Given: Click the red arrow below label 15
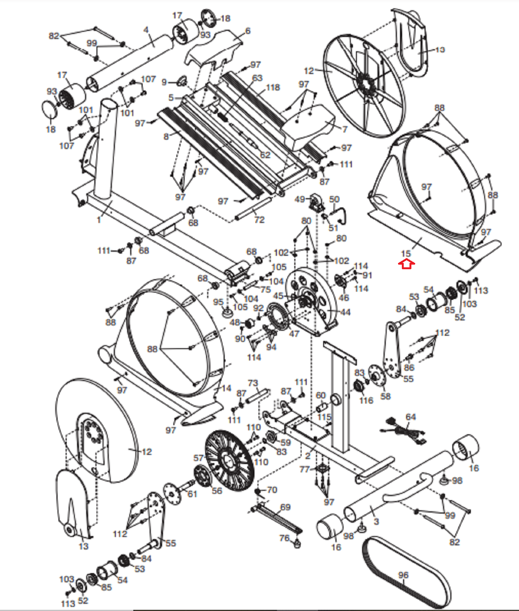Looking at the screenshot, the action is [406, 264].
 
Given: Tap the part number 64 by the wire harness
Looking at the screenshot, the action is [411, 417].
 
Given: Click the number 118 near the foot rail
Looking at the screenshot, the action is [273, 87].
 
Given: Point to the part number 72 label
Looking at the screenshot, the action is [259, 220].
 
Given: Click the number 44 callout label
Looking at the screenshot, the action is [345, 312].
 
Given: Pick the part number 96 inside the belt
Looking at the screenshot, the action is [403, 575].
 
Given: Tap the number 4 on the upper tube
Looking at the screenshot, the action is [146, 30].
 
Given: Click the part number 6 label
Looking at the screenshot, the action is [248, 31].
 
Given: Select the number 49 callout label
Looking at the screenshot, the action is [300, 199].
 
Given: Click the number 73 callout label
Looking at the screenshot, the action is [253, 383].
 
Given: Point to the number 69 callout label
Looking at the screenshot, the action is [285, 507].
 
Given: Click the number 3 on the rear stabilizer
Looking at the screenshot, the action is [376, 522].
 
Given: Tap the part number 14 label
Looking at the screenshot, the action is [226, 388].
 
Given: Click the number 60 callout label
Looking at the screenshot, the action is [321, 396].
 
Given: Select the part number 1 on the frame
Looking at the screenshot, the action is [99, 220].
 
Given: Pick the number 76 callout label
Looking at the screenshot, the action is [285, 538].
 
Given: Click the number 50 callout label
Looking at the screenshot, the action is [334, 199].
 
